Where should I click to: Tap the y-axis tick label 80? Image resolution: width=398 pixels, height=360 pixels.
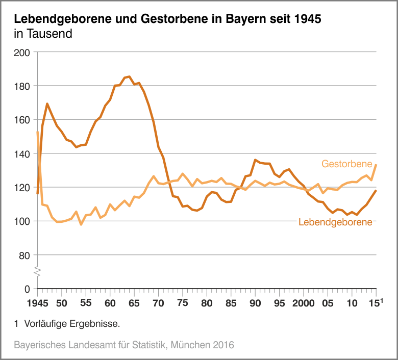[26, 255]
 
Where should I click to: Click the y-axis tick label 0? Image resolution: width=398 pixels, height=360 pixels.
[28, 289]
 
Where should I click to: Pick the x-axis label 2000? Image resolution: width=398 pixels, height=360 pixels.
[303, 303]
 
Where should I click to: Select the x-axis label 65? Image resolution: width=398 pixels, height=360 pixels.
[134, 303]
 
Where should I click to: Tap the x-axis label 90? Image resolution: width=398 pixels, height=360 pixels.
[255, 303]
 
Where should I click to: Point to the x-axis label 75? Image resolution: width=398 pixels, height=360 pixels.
[183, 302]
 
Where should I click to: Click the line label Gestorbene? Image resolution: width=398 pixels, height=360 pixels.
[346, 164]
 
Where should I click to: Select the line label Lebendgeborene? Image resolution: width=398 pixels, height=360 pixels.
[335, 222]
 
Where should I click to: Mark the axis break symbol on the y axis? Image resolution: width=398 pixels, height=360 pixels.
[37, 271]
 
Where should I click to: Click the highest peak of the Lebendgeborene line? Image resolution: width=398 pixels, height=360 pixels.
[129, 76]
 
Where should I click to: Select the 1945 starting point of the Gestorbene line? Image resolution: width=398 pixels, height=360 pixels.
[37, 132]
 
